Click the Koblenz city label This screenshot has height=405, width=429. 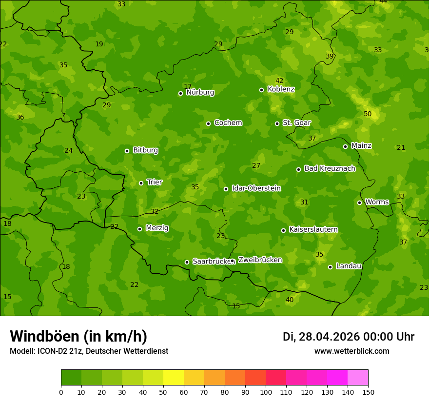[x=281, y=89]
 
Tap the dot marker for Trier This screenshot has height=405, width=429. [x=141, y=183]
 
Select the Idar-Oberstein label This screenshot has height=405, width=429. [x=256, y=188]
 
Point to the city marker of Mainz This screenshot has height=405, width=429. [x=345, y=146]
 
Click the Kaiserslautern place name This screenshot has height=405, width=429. [x=313, y=230]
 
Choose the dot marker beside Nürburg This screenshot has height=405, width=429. [x=180, y=93]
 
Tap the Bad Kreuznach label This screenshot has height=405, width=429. [x=330, y=169]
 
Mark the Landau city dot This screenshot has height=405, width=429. [x=330, y=267]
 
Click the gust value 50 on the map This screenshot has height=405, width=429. [x=368, y=114]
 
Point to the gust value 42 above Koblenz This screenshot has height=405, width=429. [x=279, y=81]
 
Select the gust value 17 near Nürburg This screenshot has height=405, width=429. [x=188, y=86]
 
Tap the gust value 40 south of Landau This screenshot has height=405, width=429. [x=290, y=300]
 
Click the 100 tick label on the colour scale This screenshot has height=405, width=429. [x=266, y=392]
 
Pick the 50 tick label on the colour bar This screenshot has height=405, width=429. [x=163, y=392]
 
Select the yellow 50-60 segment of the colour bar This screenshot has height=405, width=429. [x=174, y=377]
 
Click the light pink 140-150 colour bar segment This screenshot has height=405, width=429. [x=358, y=377]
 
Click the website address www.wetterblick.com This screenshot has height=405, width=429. [x=351, y=351]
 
